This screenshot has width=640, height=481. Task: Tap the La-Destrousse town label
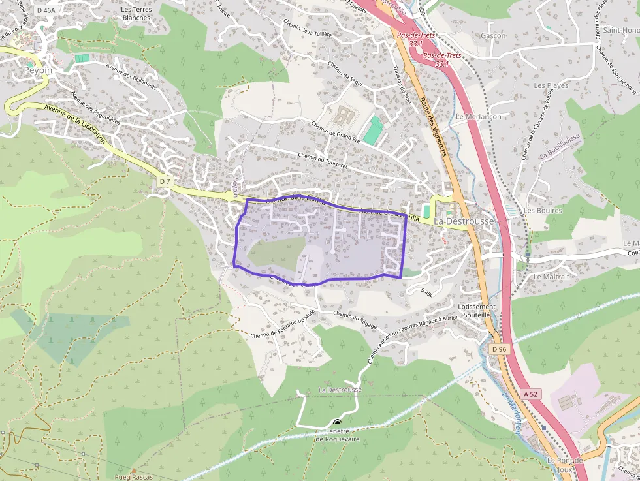[x=464, y=221]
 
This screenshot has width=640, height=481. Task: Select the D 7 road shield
[x=164, y=180]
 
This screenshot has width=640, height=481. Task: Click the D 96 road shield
[x=499, y=349]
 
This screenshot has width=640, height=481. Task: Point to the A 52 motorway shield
[x=531, y=394]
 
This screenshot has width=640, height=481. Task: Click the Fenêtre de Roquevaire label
[x=338, y=435]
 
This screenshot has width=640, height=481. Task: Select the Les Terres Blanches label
[x=135, y=14]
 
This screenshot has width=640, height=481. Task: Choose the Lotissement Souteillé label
[x=477, y=310]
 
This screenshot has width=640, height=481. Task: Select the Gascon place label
[x=493, y=35]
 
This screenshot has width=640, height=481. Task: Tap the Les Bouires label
[x=543, y=211]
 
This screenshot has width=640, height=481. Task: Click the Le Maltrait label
[x=551, y=277]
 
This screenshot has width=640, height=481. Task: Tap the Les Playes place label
[x=551, y=85]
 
